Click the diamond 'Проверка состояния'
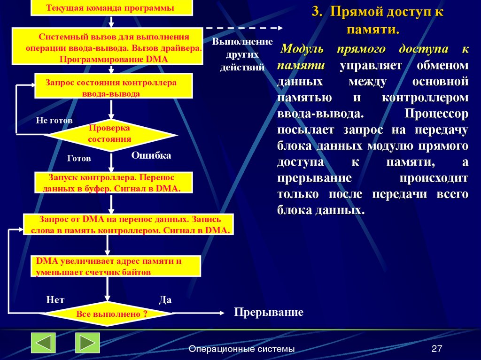tap(111, 133)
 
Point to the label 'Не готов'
tap(54, 121)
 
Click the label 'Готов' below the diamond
tap(79, 159)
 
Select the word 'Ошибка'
tap(151, 155)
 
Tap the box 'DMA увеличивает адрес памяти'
tap(116, 266)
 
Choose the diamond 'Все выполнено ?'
tap(112, 314)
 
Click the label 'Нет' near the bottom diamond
tap(55, 299)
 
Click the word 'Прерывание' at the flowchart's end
tap(269, 313)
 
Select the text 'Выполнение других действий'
tap(242, 54)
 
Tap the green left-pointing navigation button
tap(43, 343)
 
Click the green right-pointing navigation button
tap(87, 343)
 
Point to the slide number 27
tap(437, 349)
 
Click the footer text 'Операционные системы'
tap(241, 349)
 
